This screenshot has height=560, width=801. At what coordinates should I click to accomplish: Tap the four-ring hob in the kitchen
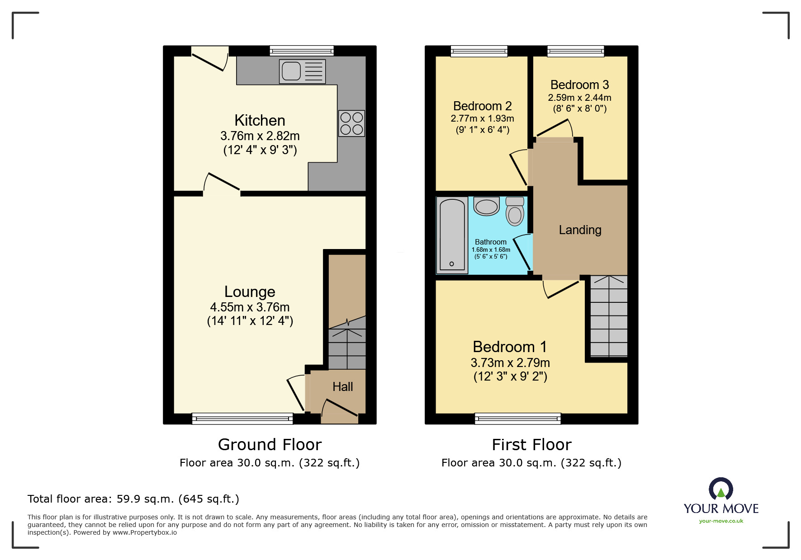351,123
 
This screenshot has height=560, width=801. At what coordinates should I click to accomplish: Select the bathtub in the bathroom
452,235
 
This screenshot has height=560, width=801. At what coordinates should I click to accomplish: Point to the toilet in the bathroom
515,211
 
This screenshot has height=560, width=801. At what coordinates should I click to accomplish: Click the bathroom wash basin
487,207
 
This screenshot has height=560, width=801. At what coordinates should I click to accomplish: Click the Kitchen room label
260,120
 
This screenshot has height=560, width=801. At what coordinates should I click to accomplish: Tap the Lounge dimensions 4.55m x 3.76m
250,307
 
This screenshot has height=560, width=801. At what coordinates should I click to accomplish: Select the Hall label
342,387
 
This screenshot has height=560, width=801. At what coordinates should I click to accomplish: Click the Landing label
580,230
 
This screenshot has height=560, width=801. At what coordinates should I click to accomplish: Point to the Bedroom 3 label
579,85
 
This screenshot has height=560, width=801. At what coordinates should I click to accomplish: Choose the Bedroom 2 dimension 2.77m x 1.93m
482,118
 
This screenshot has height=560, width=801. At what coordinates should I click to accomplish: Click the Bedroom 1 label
510,347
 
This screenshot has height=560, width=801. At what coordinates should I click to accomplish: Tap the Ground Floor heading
270,445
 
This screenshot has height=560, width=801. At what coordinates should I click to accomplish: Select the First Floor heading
531,445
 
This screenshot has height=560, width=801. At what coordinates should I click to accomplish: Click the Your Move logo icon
720,489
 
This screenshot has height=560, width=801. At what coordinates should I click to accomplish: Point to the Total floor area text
133,499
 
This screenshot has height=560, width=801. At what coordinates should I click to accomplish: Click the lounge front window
242,419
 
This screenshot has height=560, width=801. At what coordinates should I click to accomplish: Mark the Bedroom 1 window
517,419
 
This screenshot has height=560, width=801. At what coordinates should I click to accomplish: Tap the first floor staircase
608,316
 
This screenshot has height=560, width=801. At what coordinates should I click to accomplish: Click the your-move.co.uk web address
721,521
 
